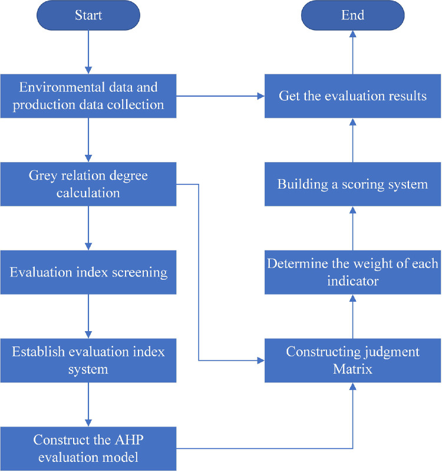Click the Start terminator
88,15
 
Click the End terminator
352,15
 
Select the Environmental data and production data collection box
88,95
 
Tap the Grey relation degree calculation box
88,184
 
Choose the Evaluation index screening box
88,272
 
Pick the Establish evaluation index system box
88,360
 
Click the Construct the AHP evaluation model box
88,448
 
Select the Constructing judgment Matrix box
352,360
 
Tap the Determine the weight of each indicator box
352,272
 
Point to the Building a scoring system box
352,184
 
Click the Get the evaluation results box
352,95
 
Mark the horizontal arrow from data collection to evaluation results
220,95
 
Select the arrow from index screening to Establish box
88,316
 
